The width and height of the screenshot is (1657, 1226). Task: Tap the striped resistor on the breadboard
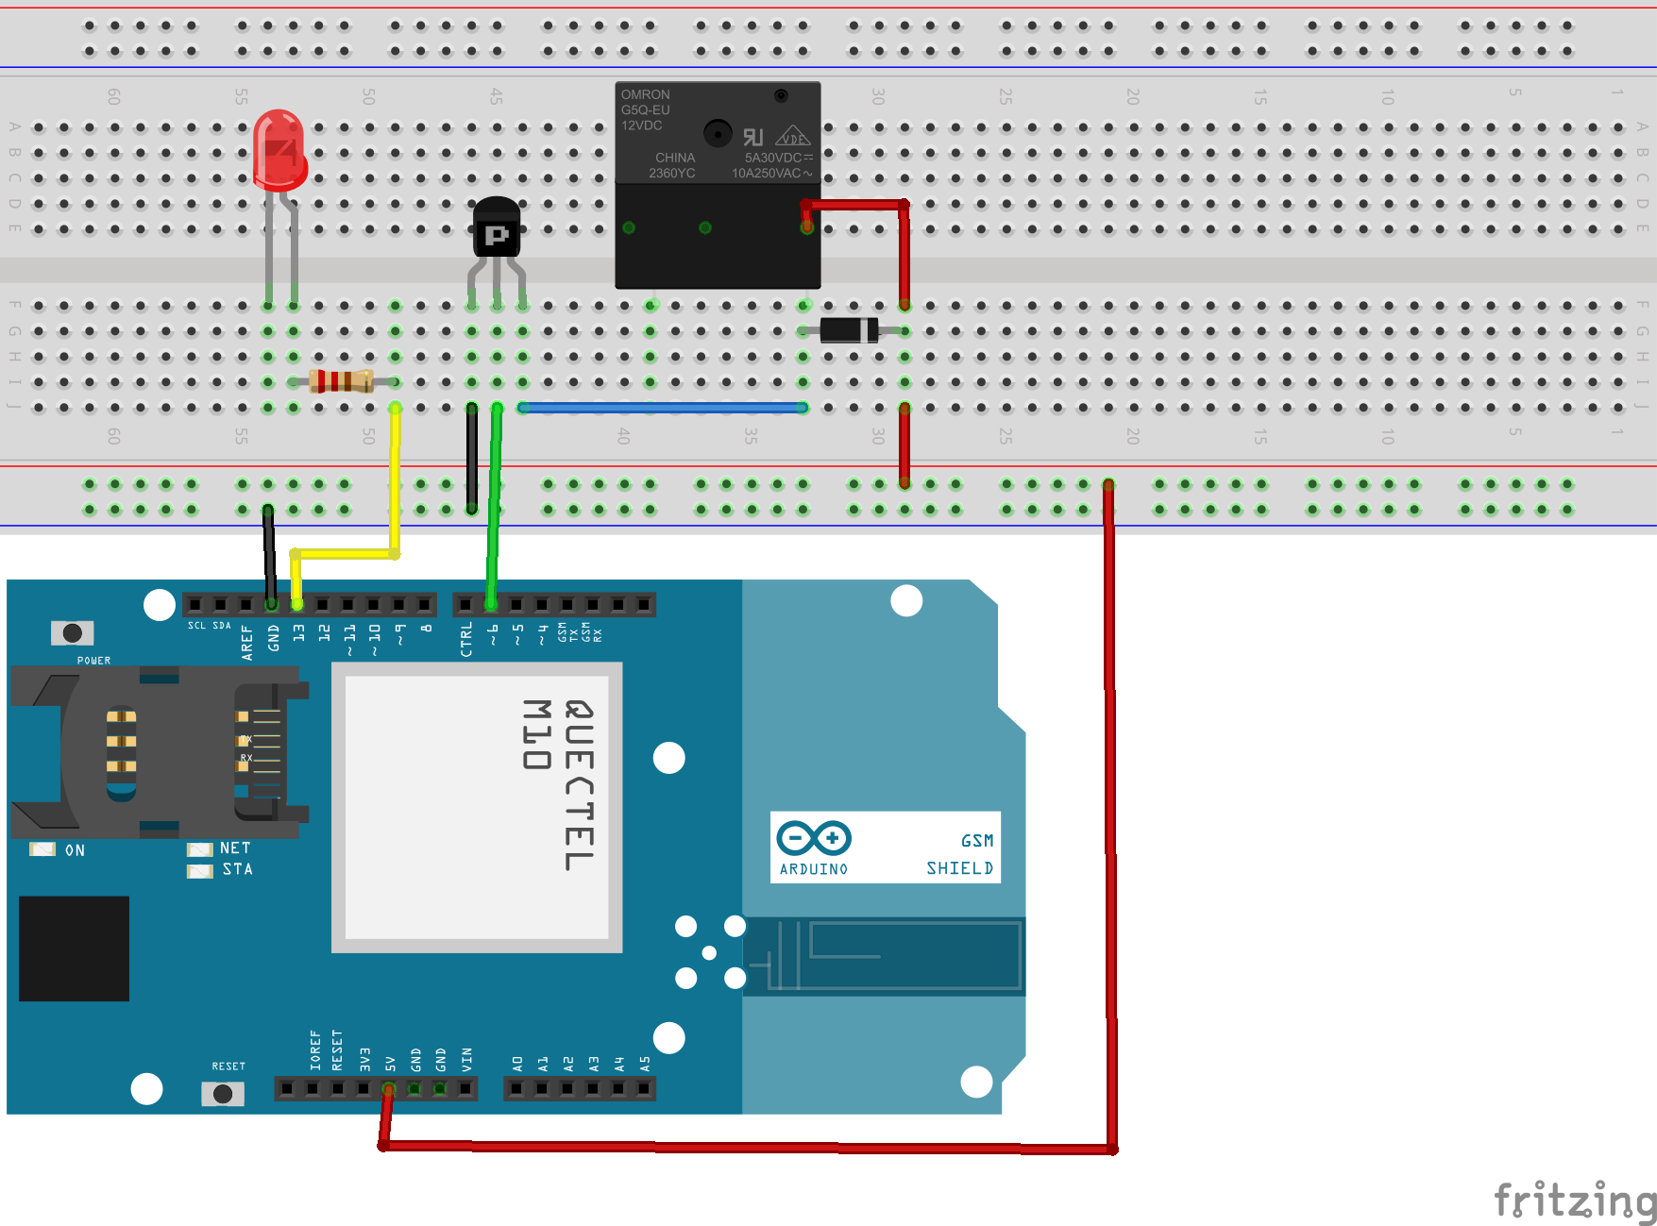[341, 381]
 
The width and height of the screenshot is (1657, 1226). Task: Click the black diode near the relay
[848, 330]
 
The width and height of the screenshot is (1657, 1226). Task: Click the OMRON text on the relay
[645, 94]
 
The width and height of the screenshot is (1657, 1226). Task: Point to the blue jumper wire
[661, 408]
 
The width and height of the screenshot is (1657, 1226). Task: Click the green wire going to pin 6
[493, 510]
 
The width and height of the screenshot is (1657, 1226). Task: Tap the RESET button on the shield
[223, 1093]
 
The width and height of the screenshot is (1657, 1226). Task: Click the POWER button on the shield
[72, 632]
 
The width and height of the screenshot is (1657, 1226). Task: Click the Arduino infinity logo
[813, 837]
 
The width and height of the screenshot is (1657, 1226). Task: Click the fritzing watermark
[1573, 1201]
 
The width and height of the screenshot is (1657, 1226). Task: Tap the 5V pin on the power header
[388, 1088]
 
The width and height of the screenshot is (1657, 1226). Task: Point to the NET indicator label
[234, 848]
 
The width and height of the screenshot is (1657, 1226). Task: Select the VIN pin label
[466, 1059]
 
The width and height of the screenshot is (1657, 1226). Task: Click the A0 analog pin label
[517, 1063]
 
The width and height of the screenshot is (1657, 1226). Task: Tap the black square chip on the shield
[74, 949]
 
